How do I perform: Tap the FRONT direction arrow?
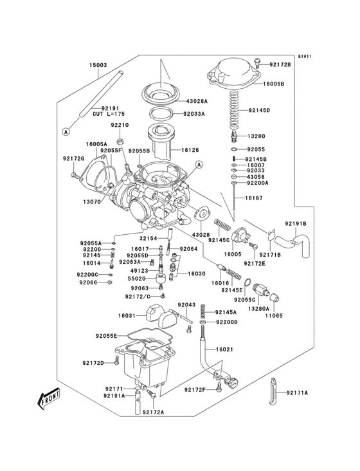tap(49, 400)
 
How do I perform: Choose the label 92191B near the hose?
tap(296, 223)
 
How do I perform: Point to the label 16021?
tap(223, 349)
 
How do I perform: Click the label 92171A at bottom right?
tap(298, 392)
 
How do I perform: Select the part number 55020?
tap(137, 279)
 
